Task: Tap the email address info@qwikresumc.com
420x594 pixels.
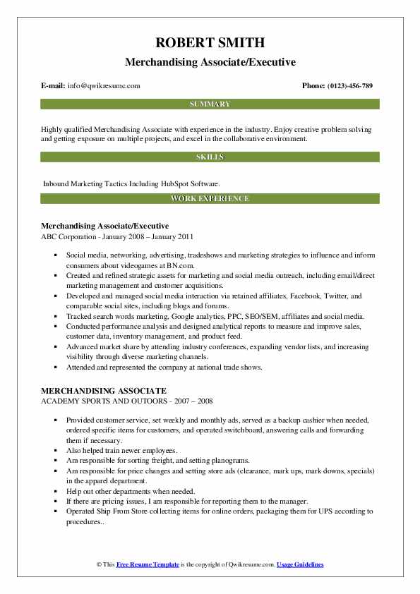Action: [104, 86]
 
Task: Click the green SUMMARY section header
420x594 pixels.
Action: [210, 104]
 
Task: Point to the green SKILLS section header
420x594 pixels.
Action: [210, 157]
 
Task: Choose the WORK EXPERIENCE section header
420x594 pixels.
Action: [210, 198]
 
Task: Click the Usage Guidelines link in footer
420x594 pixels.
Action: [300, 565]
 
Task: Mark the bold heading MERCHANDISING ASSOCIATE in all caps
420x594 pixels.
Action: [104, 390]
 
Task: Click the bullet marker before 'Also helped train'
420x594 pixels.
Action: [56, 450]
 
